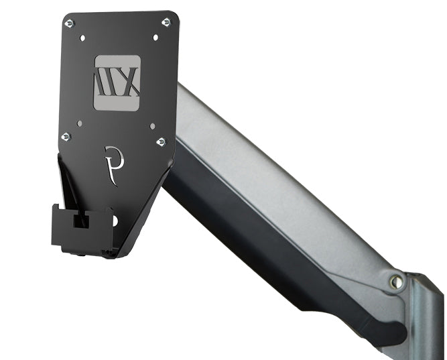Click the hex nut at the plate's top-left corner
69,23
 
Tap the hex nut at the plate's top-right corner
166,22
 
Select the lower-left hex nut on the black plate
66,137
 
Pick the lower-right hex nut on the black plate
161,141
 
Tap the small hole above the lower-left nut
79,123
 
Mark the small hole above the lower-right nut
152,125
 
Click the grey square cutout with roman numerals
117,83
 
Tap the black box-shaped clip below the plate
80,228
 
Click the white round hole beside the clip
115,220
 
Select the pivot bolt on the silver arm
397,282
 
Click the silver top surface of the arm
281,174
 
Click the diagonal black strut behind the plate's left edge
66,181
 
